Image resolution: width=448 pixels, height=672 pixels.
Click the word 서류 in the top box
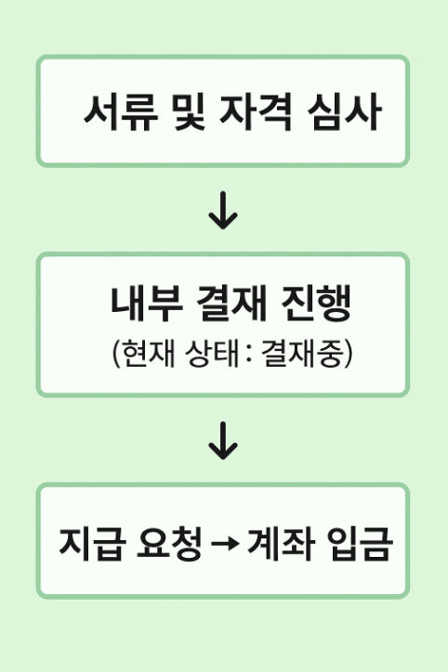point(121,112)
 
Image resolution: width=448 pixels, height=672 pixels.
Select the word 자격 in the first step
point(257,112)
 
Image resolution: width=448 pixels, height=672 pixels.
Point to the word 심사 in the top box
point(344,112)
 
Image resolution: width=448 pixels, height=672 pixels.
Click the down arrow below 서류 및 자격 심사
point(223,211)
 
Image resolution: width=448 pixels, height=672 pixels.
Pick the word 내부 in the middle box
point(147,303)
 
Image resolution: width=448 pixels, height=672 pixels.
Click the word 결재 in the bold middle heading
point(231,303)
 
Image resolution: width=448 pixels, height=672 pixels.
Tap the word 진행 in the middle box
point(316,303)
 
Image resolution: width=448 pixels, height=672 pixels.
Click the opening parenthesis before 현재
point(116,355)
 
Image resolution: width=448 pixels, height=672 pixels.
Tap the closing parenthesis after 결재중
point(348,355)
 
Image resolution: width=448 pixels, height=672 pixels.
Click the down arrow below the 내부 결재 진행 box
point(223,441)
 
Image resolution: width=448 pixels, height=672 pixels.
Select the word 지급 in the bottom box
point(93,543)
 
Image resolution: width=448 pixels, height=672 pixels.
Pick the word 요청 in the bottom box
point(169,543)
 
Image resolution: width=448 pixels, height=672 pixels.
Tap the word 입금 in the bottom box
point(359,543)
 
